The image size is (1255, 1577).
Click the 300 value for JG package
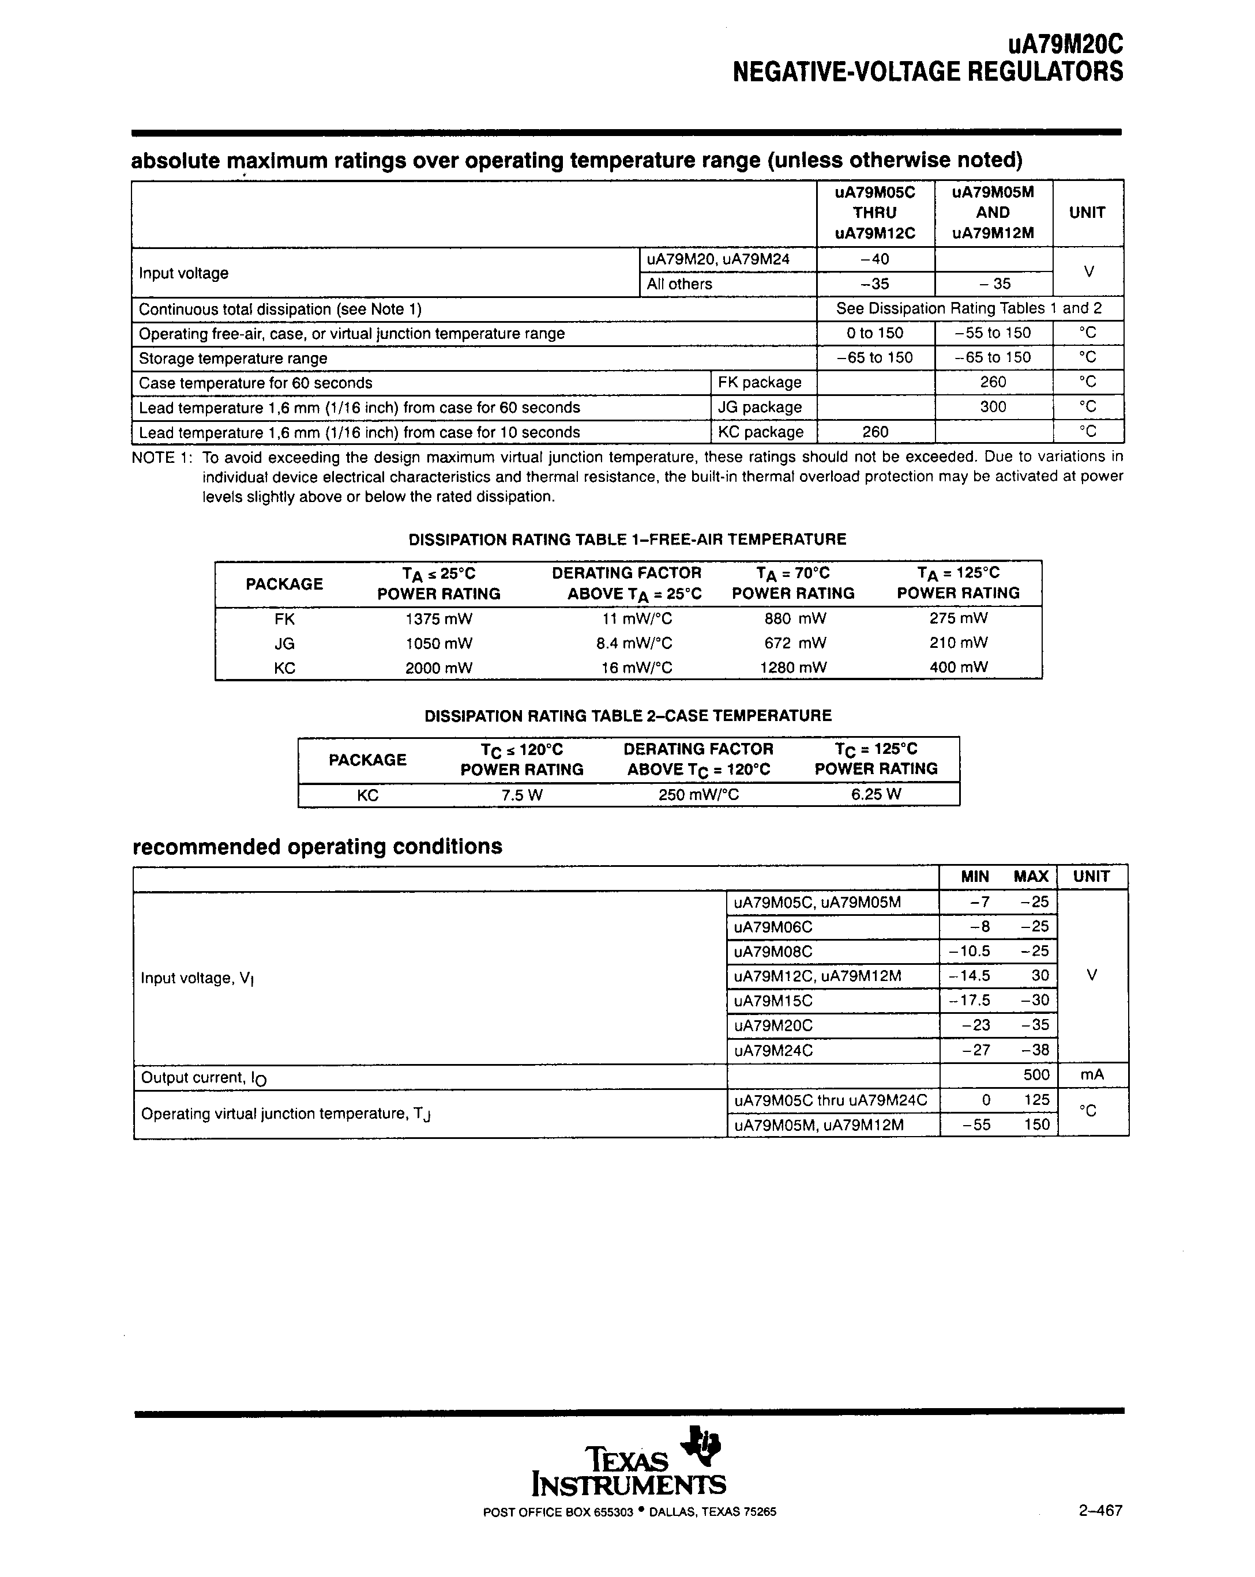[993, 407]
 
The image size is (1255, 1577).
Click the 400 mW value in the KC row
[958, 667]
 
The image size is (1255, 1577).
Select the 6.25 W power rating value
[876, 794]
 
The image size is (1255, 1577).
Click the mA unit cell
[1091, 1075]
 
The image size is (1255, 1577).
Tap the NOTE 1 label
[161, 458]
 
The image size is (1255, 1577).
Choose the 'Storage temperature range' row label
[232, 359]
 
